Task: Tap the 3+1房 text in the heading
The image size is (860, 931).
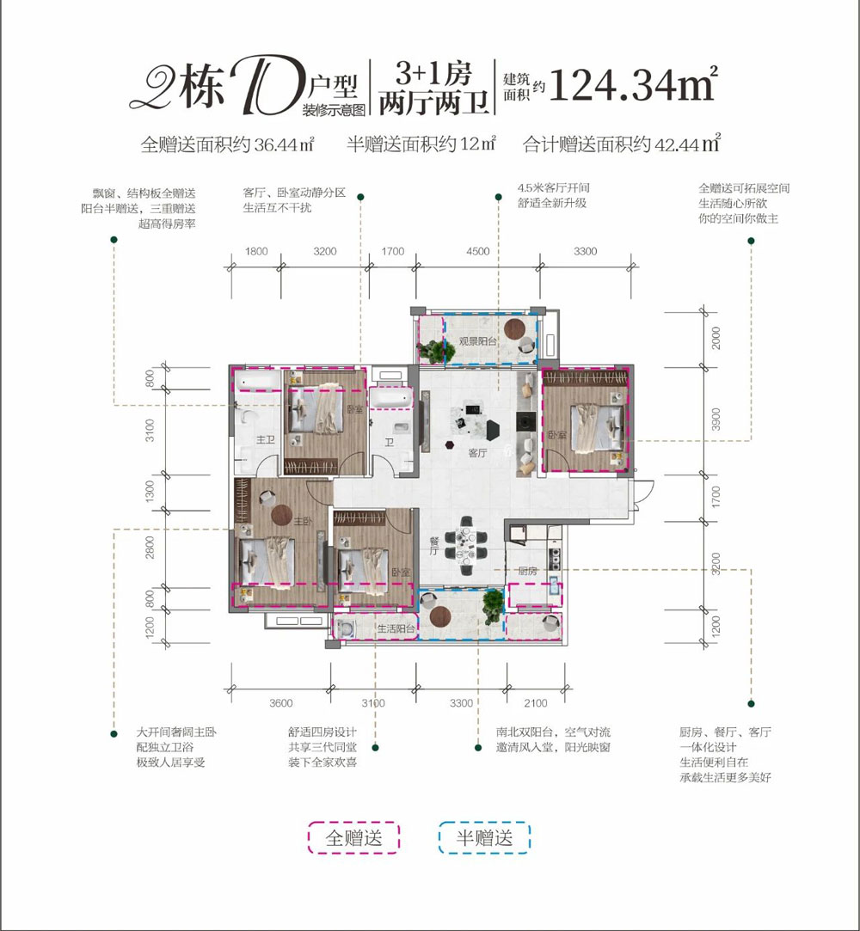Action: tap(431, 69)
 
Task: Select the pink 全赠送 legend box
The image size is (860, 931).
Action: tap(353, 837)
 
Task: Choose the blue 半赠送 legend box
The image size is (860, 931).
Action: tap(485, 837)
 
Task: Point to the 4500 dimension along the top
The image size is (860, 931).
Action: tap(477, 252)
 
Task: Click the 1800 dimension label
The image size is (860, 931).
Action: tap(257, 252)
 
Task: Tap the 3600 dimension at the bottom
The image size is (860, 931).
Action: tap(281, 703)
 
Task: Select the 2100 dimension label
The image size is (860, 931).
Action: tap(535, 703)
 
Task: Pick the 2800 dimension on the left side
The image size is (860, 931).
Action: tap(150, 547)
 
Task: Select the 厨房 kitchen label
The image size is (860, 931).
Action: tap(527, 571)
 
